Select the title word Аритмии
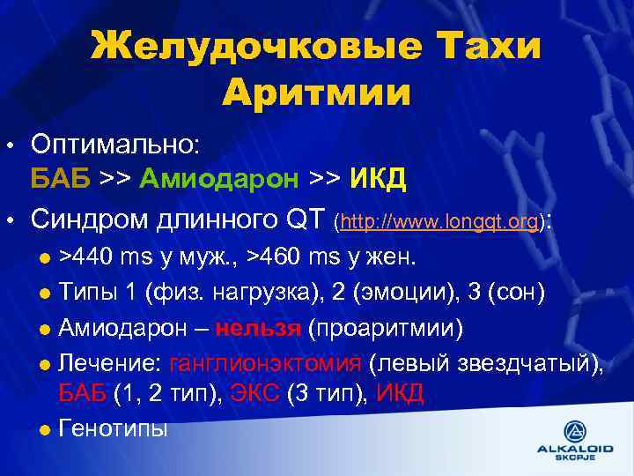point(316,92)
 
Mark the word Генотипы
point(113,428)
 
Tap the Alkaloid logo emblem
point(576,431)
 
